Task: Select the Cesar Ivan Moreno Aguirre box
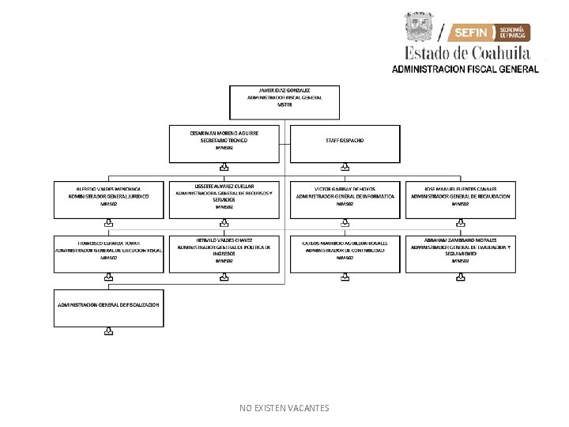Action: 224,142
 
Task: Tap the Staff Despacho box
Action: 345,142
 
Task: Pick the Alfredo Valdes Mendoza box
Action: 108,199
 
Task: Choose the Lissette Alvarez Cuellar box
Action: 224,199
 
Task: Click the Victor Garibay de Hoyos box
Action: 345,199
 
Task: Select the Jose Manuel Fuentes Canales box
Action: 460,199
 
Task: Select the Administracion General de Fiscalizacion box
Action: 108,308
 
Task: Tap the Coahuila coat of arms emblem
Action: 419,28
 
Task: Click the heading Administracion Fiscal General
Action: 465,69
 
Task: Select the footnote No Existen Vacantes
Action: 284,408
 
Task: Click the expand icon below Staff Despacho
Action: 345,167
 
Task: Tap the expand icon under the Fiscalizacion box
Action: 108,333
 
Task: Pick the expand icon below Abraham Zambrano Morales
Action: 460,278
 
